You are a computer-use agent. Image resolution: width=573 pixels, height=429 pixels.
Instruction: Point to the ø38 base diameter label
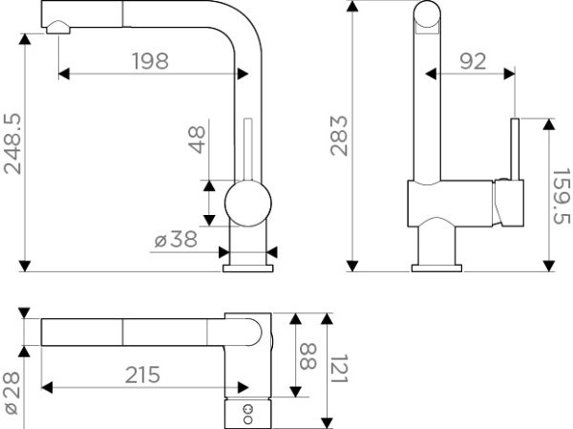[x=176, y=240]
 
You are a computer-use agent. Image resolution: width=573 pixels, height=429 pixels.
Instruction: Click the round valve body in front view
[x=246, y=204]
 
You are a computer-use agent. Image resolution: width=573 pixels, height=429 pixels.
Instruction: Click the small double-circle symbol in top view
[x=248, y=411]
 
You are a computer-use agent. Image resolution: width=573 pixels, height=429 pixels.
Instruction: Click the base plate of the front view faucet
[x=247, y=267]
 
